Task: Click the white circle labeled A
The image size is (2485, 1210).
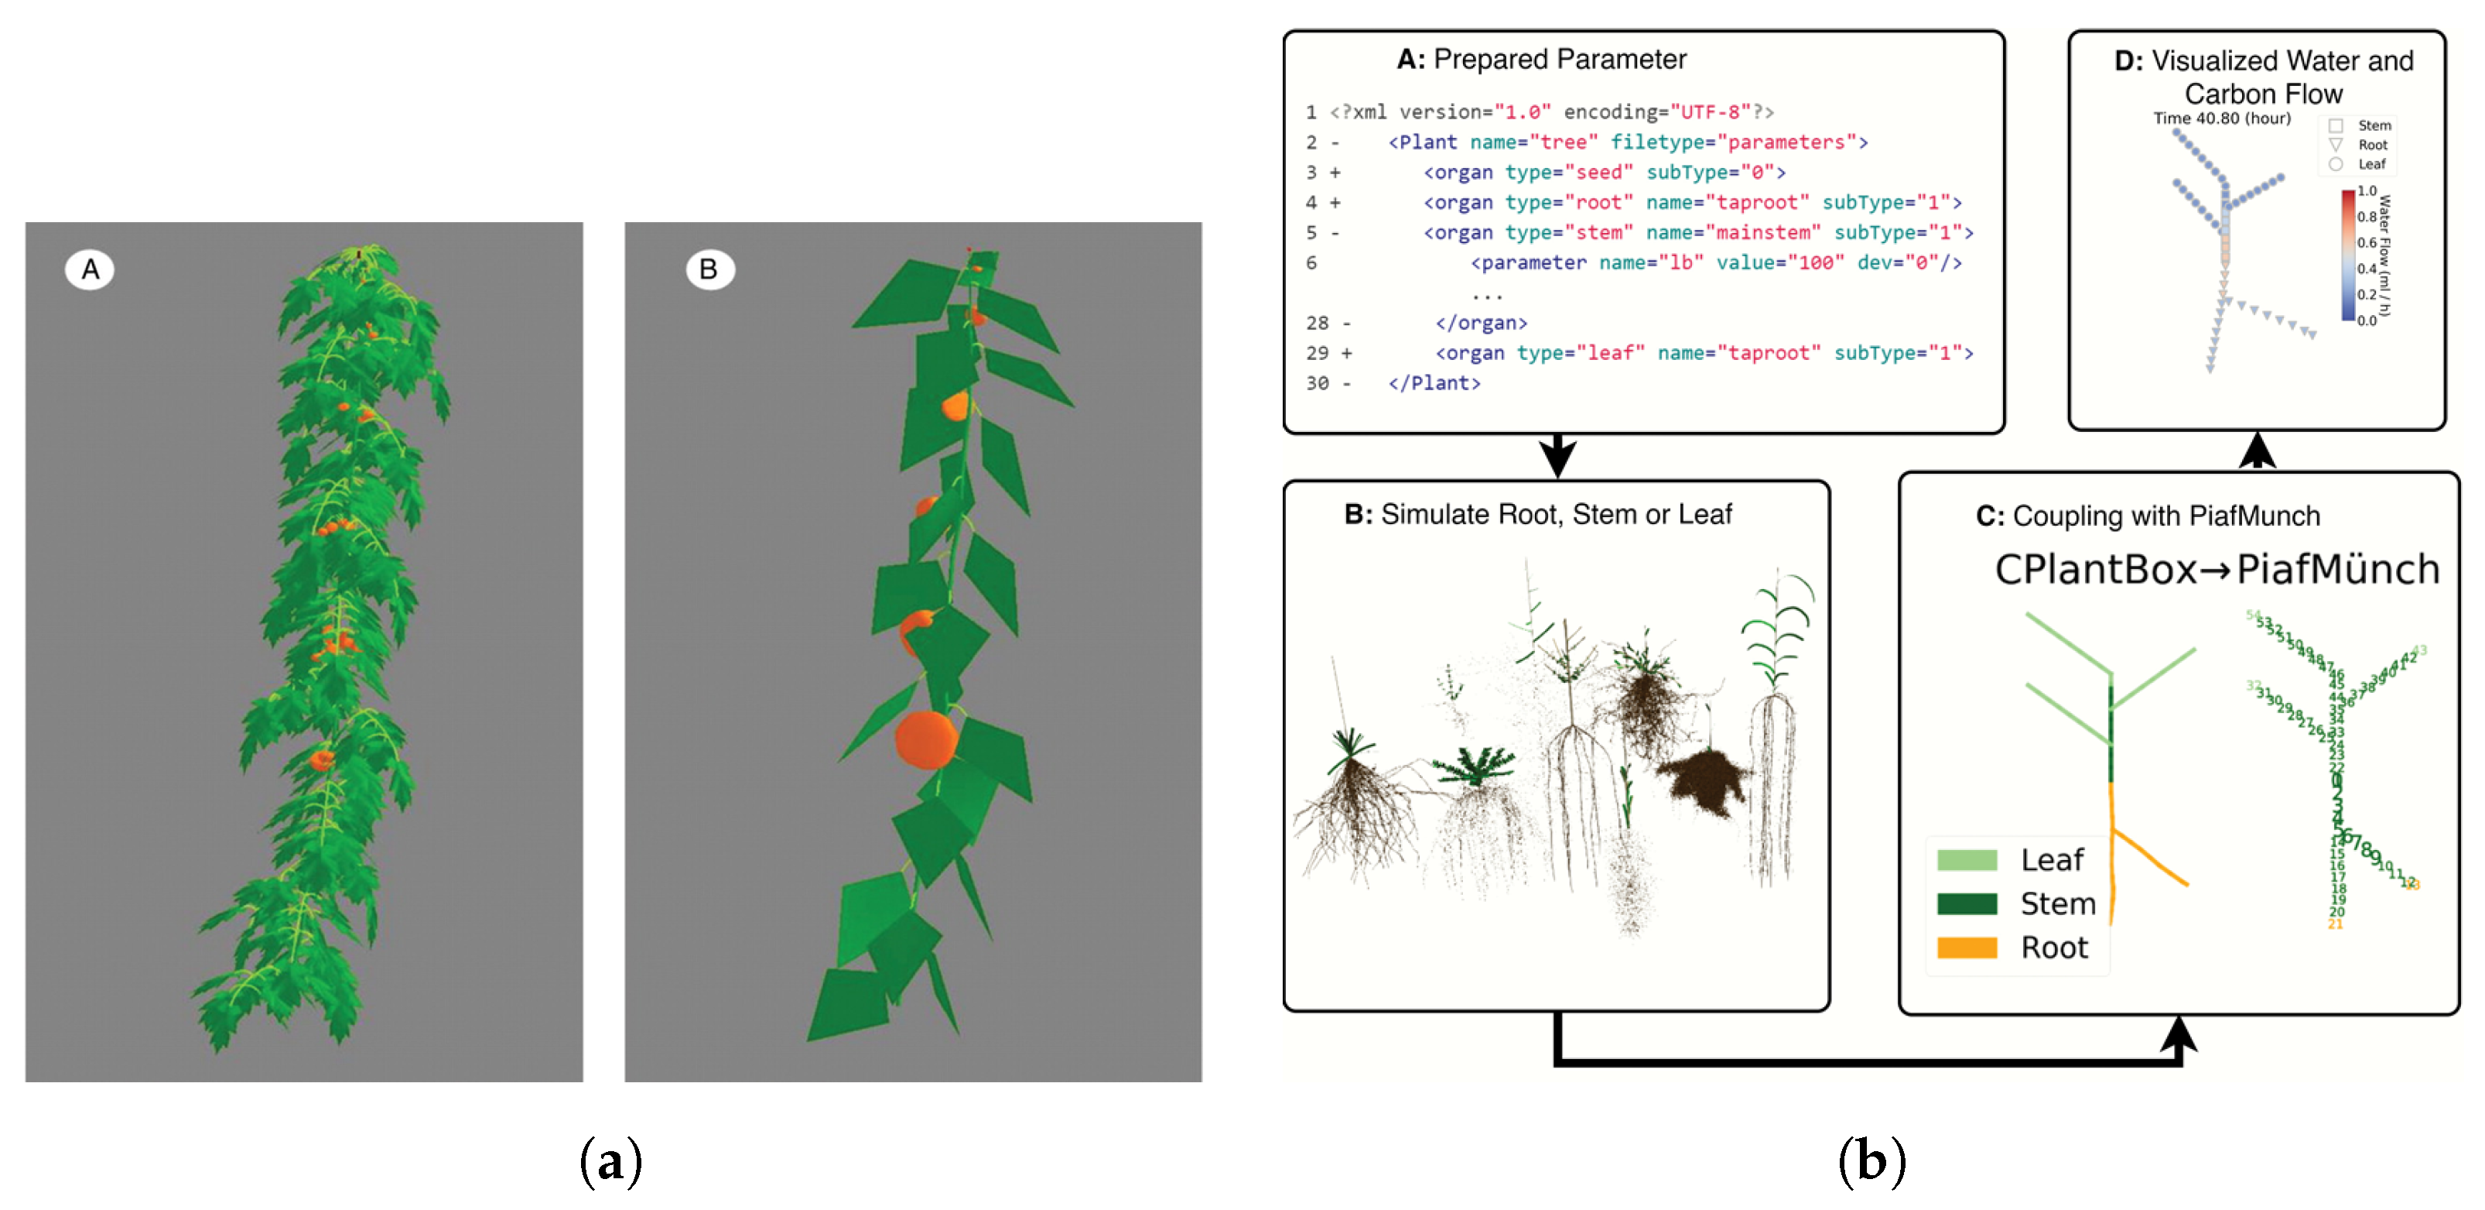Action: [89, 269]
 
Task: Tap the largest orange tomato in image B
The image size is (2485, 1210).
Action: [925, 740]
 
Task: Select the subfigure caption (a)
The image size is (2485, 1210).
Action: [610, 1160]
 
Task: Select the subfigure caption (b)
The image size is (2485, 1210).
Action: [1871, 1160]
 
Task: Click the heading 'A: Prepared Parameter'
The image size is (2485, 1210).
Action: [1540, 60]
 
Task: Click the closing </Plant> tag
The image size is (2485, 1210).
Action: [1434, 383]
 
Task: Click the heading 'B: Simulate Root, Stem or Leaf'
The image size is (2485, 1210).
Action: [1538, 514]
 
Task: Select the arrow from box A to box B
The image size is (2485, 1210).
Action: [1557, 454]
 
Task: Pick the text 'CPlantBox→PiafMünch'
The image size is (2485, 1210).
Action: [2216, 569]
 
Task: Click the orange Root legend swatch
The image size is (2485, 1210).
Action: [1966, 948]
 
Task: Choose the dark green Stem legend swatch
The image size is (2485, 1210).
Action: [1966, 903]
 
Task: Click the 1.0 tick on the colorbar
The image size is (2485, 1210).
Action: [2367, 191]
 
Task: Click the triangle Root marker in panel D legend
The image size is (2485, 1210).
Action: [2336, 145]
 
